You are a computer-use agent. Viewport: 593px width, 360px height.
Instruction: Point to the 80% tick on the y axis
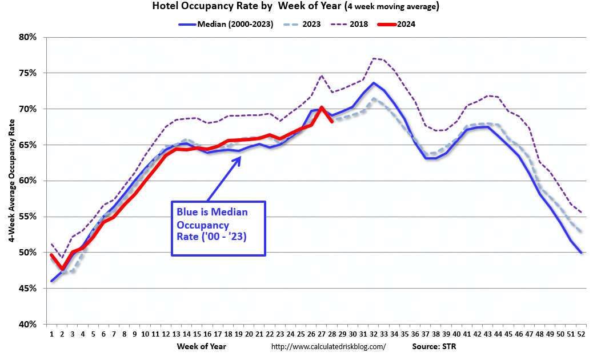coord(28,37)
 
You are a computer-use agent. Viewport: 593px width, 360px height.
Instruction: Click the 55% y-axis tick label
coord(28,217)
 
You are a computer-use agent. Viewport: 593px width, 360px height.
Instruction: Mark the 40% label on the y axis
coord(28,324)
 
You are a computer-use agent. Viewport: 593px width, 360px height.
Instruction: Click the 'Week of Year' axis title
coord(202,346)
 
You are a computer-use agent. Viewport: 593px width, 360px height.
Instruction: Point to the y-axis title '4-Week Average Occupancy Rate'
coord(11,181)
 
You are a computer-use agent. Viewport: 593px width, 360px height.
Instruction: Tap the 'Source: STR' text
coord(434,347)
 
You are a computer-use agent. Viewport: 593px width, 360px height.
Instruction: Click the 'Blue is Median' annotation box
coord(219,228)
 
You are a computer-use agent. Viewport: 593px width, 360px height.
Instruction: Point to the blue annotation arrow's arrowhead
coord(241,157)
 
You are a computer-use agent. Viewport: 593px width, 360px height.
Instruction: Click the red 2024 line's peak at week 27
coord(322,107)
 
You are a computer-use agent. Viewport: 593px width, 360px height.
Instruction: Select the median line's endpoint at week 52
coord(582,253)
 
